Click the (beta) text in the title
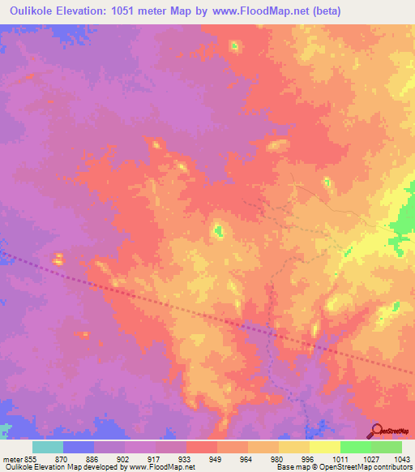323,11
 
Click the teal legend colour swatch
48,447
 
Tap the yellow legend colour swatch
324,447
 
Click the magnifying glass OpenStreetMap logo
377,430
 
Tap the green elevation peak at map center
218,231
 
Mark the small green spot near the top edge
235,45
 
